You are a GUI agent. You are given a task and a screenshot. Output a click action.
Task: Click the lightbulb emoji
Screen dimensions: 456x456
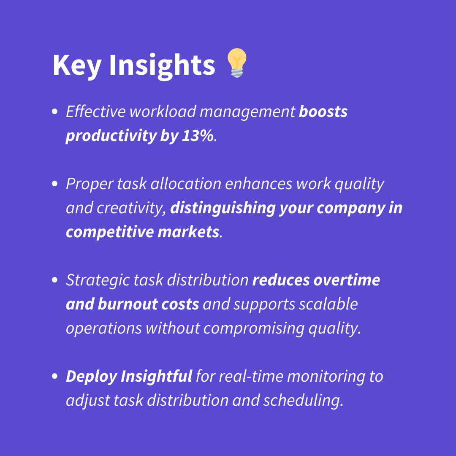pos(237,62)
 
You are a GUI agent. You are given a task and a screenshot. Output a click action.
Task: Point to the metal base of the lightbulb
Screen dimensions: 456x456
pos(237,73)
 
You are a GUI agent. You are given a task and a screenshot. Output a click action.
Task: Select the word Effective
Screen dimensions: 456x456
pos(96,111)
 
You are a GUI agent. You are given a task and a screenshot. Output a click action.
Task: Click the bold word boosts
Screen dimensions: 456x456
pos(323,111)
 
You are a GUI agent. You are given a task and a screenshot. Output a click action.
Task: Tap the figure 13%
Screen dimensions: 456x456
pos(198,136)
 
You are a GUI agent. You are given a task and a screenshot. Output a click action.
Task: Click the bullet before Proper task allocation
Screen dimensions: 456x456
pos(54,184)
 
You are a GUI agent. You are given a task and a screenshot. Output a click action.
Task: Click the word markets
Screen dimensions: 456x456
pos(188,232)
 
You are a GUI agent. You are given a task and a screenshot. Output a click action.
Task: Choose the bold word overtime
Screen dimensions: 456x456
pos(347,280)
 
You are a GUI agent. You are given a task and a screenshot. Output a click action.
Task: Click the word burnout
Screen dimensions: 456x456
pos(128,304)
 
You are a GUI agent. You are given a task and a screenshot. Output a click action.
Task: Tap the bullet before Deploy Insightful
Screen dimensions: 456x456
pos(54,376)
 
